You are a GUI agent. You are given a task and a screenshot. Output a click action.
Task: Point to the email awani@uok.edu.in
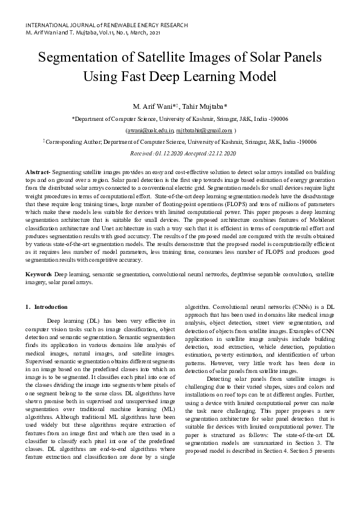click(149, 130)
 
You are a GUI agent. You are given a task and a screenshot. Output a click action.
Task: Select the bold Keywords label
click(39, 274)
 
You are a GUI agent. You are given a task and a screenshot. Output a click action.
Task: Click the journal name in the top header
click(106, 25)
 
